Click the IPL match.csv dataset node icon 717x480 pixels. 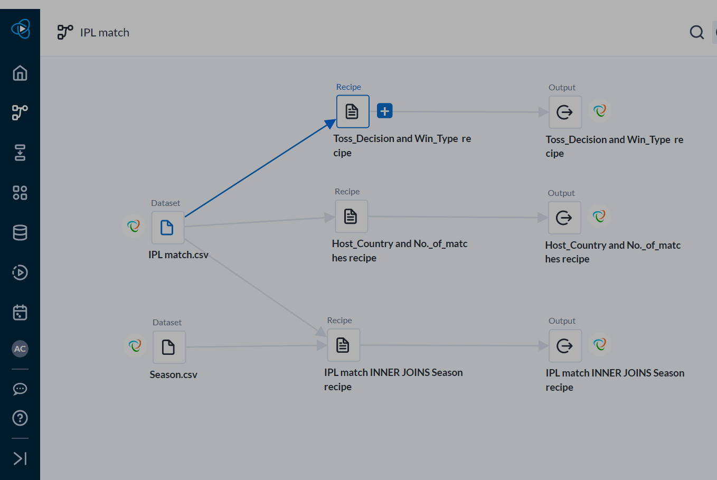[167, 228]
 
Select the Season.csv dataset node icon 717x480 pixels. [169, 347]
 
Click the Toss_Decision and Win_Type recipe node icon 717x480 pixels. [352, 111]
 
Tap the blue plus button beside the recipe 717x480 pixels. [385, 111]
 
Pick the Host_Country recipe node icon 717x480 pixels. [351, 217]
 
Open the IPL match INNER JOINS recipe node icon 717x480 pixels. [343, 345]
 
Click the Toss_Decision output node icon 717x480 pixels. [565, 112]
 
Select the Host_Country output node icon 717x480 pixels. [564, 218]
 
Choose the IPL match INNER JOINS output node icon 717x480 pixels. [565, 346]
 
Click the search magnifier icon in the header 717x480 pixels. [697, 32]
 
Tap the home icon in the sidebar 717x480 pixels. [20, 73]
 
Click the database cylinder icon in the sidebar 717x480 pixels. [20, 232]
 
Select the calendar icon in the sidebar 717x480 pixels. [20, 312]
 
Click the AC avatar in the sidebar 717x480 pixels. [20, 349]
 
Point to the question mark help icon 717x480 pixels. [20, 418]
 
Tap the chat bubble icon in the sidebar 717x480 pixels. [20, 389]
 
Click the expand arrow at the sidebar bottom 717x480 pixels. [20, 458]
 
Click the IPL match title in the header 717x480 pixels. [105, 33]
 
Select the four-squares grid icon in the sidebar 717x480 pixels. [20, 193]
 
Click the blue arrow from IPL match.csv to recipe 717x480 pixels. [259, 169]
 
